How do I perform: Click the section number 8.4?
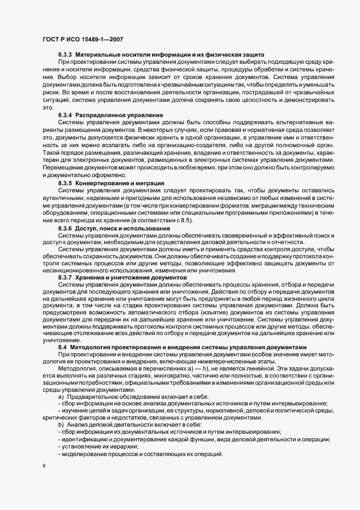[x=63, y=347]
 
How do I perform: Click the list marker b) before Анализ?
[x=60, y=424]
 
